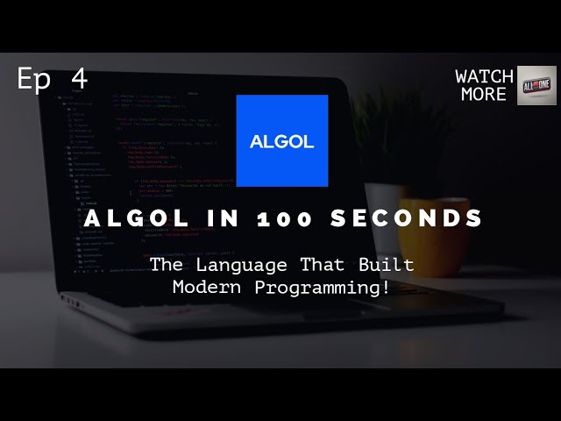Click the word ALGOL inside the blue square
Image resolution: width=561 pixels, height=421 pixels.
[x=282, y=142]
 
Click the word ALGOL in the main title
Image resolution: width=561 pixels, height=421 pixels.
[x=135, y=218]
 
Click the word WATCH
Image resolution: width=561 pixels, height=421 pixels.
[x=484, y=76]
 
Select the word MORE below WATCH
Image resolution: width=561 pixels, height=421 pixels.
[x=484, y=94]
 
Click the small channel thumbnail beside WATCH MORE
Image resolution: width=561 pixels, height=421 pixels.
[x=536, y=85]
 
